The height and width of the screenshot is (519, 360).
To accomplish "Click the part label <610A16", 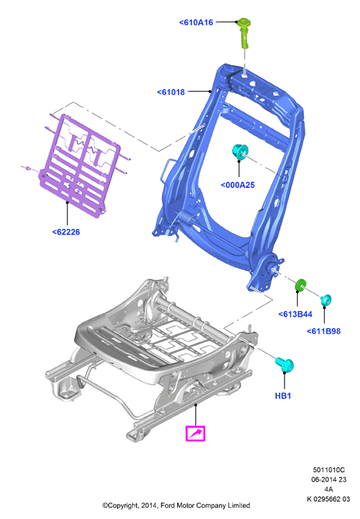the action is point(196,23).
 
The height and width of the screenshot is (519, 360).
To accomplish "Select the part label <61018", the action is point(171,92).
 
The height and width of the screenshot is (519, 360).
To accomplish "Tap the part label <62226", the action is point(66,232).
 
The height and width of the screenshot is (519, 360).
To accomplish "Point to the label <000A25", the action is point(237,185).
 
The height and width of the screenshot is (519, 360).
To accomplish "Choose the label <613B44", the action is point(296,314).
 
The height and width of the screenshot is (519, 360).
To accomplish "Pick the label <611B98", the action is point(323,331).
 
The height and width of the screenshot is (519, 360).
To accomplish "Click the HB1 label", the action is point(283,396).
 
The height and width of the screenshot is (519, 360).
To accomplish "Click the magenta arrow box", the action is point(195,433).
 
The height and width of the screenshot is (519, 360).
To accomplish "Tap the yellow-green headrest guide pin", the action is point(244,33).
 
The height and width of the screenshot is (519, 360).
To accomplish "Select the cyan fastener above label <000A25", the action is point(240,152).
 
